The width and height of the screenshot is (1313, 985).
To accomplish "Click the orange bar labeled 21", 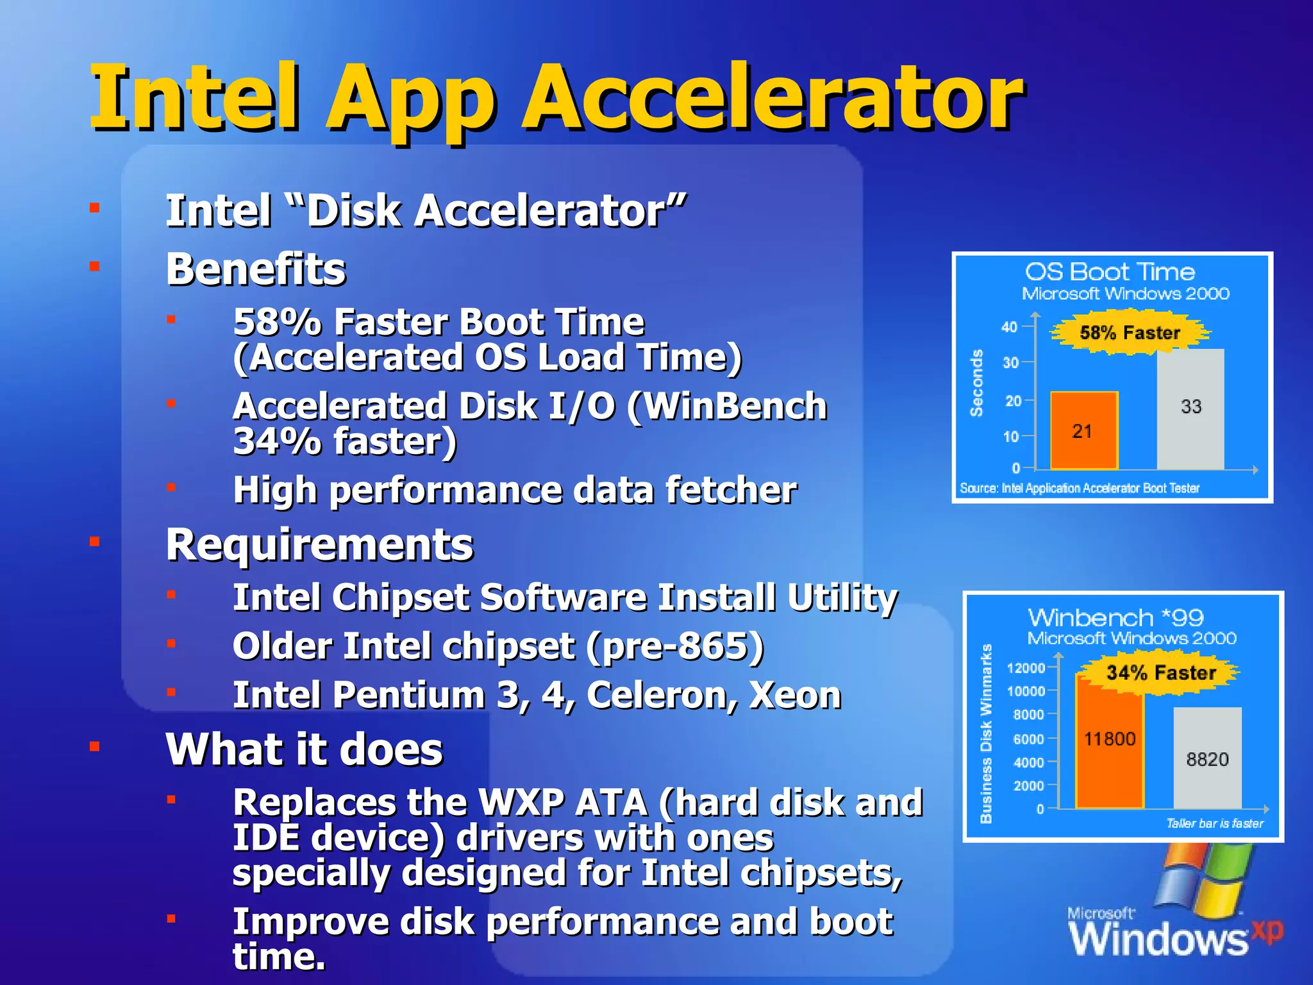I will [1083, 430].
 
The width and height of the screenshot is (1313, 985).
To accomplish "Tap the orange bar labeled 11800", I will [1109, 744].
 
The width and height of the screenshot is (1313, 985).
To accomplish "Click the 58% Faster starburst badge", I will [1130, 333].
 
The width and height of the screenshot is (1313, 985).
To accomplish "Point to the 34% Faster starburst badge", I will [1160, 673].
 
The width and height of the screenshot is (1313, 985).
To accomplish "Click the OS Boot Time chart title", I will [1110, 272].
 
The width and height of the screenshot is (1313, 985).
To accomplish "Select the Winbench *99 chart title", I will [1116, 618].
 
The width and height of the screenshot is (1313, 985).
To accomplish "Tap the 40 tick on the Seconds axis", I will [1009, 327].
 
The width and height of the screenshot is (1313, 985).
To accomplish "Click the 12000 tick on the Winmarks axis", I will [1026, 668].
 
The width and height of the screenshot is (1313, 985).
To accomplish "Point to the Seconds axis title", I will [976, 383].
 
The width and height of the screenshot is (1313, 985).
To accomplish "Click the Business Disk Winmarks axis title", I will [986, 734].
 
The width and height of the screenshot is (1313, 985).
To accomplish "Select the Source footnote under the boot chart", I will [1079, 489].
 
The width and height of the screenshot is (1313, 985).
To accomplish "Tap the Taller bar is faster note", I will [1214, 823].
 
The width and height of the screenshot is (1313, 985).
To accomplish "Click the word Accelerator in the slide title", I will [772, 97].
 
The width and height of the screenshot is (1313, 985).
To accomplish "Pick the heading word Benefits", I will [256, 269].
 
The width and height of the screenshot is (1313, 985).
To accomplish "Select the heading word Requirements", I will [319, 544].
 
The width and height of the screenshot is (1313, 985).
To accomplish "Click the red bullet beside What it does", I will [95, 746].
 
